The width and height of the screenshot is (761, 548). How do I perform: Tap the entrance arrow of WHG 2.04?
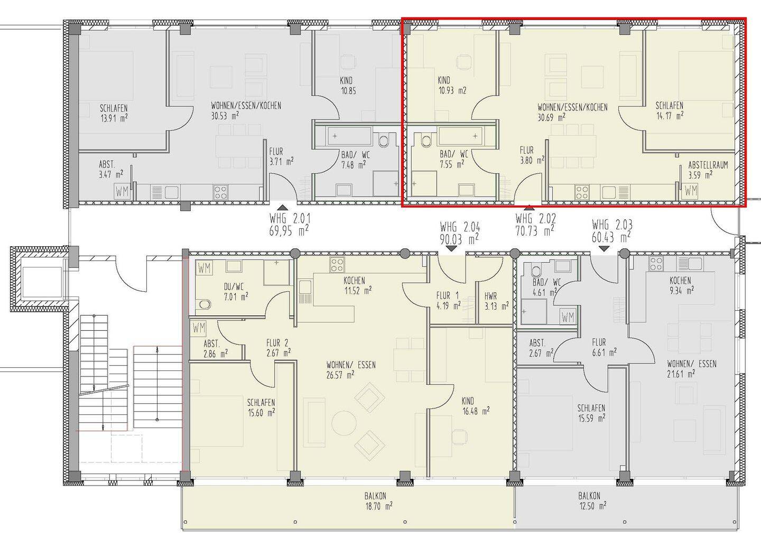point(451,249)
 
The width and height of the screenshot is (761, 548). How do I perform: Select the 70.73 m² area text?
point(534,231)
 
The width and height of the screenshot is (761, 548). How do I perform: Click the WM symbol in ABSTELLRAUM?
point(691,191)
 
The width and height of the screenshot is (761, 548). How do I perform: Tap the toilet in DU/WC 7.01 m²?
point(205,304)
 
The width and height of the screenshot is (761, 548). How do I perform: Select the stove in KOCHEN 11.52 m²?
point(337,265)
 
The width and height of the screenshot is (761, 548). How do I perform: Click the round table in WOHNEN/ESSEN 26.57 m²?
point(344,423)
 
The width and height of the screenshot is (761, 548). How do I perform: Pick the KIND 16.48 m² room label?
point(475,406)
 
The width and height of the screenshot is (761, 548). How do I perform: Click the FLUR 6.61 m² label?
point(605,347)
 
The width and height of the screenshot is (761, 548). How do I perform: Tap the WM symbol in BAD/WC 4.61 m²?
point(568,317)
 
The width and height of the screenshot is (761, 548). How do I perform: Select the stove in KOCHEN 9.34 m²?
point(656,264)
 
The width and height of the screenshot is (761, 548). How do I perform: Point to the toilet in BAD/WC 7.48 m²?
point(383,141)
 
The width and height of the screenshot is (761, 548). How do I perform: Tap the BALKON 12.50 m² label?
point(592,501)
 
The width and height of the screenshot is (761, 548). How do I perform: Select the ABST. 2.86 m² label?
point(216,349)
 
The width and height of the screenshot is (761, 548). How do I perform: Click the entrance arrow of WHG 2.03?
point(604,249)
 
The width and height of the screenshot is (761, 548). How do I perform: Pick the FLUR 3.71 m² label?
point(281,156)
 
